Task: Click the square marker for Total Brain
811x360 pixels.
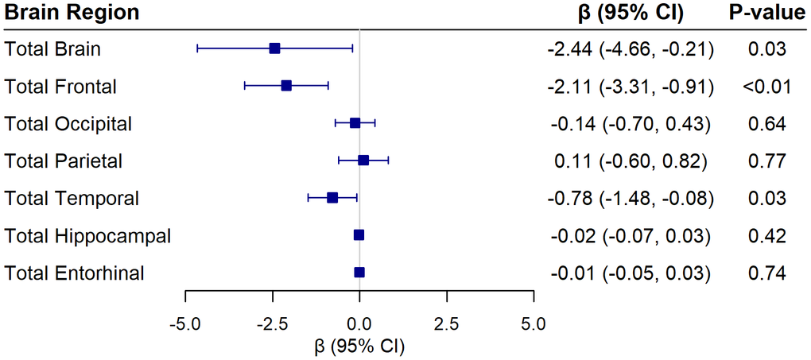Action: [274, 48]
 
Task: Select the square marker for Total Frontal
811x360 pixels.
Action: [286, 86]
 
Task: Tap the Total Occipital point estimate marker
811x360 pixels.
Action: [355, 123]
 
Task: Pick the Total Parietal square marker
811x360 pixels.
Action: [363, 161]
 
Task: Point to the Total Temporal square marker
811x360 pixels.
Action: [332, 198]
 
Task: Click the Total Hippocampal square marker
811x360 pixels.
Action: [359, 235]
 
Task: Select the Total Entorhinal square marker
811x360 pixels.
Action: [359, 273]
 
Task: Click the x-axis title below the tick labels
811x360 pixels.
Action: [359, 346]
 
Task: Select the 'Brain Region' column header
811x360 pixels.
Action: [72, 13]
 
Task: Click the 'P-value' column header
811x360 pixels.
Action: [766, 13]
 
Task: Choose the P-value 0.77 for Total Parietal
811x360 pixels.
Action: [766, 161]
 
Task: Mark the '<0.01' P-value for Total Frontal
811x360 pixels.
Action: [766, 87]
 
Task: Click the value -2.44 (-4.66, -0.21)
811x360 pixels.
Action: [631, 49]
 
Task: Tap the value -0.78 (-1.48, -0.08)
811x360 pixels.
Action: [631, 199]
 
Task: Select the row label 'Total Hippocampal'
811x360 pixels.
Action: [87, 236]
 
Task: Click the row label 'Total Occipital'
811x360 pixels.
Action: [68, 124]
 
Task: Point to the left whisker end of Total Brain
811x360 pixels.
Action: [197, 48]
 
